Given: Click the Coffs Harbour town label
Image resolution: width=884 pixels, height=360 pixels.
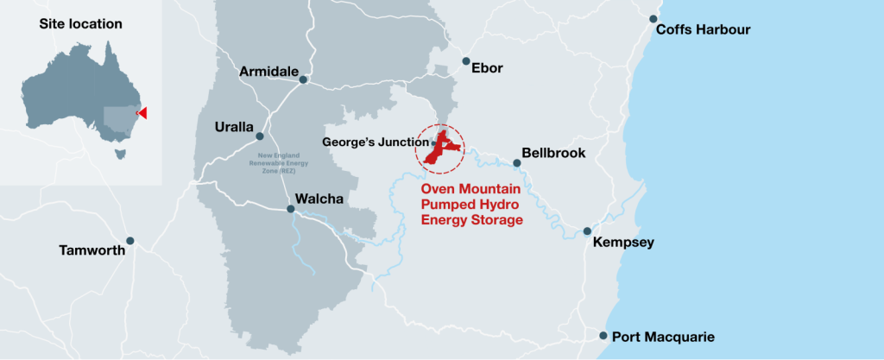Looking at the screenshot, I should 704,30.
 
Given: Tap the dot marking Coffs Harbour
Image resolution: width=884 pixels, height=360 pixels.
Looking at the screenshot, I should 654,19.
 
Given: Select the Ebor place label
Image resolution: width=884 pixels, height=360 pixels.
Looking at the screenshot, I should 487,68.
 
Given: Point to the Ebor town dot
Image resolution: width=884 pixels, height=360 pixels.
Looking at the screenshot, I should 466,61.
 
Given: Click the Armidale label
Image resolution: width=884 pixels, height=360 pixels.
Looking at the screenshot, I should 269,71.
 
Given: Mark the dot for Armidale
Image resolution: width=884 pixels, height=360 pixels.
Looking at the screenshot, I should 303,80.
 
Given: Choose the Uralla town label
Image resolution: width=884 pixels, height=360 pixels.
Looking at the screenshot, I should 234,127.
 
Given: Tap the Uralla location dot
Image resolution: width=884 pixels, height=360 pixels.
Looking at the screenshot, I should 260,136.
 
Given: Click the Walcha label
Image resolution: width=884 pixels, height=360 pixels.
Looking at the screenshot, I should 319,199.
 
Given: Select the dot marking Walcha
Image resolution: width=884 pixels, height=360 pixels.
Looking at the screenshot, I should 291,208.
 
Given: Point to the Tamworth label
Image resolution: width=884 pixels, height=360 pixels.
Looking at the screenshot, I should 92,251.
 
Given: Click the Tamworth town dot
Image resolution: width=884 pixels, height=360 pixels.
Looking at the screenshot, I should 130,241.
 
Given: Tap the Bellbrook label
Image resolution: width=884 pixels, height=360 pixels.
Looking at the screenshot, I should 554,153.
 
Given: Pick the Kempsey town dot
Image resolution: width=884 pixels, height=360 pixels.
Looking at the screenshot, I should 587,231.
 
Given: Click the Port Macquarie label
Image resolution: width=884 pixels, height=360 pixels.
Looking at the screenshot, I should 663,337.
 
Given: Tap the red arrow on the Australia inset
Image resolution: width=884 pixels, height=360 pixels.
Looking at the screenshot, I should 142,113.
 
